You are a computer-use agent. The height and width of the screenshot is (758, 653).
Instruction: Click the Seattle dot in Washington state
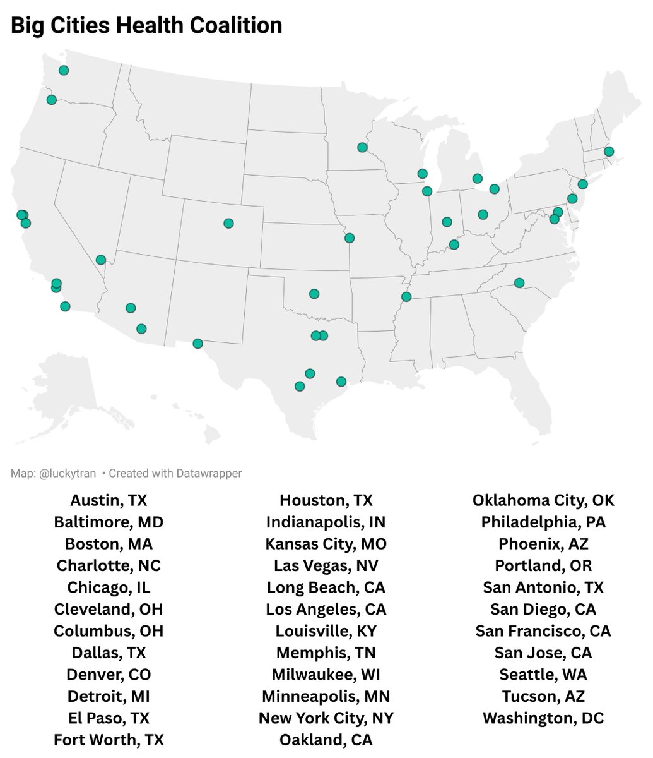64,70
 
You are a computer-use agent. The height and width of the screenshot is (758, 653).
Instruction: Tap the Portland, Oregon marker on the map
52,100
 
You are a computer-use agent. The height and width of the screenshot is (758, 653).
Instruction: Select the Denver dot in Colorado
228,223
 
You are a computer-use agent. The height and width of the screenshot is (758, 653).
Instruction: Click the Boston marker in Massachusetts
609,152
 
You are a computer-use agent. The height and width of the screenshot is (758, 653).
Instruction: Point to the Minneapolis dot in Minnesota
362,147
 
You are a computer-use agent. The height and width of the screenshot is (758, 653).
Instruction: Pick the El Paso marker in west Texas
197,344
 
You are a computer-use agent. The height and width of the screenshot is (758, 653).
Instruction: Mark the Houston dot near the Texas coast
341,382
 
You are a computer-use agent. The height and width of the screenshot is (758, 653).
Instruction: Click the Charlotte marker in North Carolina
519,283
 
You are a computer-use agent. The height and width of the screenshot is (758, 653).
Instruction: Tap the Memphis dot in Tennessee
406,296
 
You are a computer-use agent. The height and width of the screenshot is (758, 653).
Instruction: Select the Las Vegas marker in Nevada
101,260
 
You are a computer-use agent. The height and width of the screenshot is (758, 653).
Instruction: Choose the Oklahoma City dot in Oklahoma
314,294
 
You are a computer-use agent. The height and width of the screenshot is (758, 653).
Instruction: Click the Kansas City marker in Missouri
350,238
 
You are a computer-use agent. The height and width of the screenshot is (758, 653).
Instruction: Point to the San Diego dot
65,306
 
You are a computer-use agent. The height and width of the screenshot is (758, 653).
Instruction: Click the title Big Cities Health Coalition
146,26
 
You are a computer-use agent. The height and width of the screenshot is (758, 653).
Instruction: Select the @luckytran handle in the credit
68,473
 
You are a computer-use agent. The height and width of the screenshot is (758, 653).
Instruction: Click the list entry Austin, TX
109,501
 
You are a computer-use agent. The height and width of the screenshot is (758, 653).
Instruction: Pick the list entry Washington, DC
543,718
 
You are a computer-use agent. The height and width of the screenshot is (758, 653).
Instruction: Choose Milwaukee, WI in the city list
326,675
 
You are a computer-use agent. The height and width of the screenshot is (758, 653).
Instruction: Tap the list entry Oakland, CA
326,740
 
